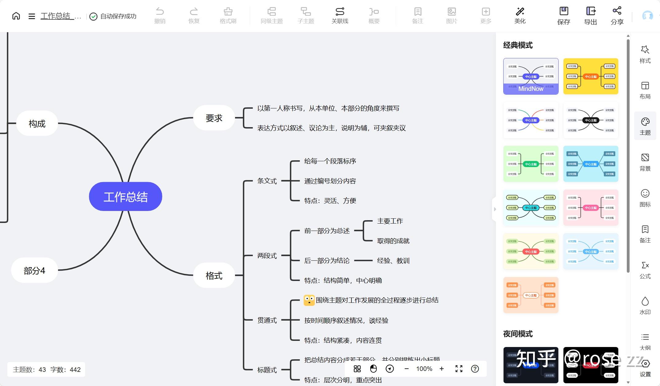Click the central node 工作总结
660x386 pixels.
coord(125,197)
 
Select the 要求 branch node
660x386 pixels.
coord(214,118)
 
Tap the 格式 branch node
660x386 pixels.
coord(214,275)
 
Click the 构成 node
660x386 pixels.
coord(37,123)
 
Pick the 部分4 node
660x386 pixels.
coord(34,271)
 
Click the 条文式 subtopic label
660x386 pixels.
coord(267,181)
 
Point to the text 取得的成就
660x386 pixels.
coord(393,241)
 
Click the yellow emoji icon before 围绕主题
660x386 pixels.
coord(309,300)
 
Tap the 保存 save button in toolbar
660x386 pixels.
coord(564,15)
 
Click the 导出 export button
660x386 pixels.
coord(590,15)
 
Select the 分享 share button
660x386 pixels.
coord(617,15)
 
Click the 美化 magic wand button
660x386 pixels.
coord(520,15)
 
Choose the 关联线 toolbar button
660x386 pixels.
coord(340,15)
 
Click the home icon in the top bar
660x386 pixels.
coord(16,16)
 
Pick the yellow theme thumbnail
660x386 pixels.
coord(591,76)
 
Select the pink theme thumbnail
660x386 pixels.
coord(591,208)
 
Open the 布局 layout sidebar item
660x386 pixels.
coord(645,90)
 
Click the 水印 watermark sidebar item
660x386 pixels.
coord(645,306)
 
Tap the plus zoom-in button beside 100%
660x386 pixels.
coord(442,369)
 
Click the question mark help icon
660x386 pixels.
coord(475,369)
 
